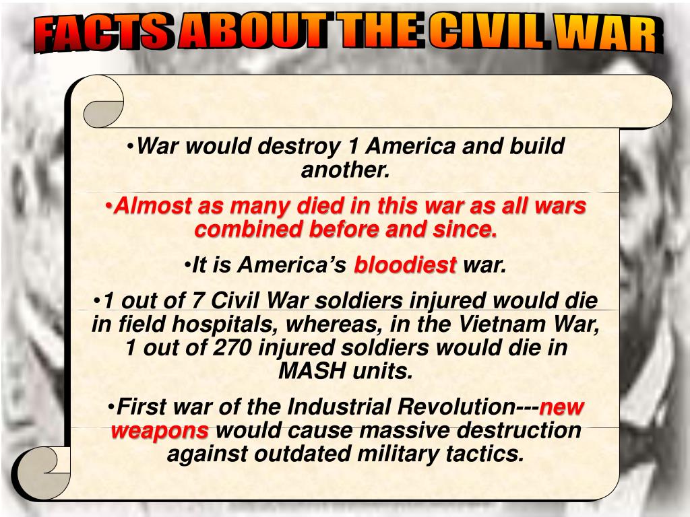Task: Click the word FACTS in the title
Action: [101, 34]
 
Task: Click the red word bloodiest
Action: [406, 265]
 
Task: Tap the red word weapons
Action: [160, 430]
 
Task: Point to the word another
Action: [345, 170]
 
